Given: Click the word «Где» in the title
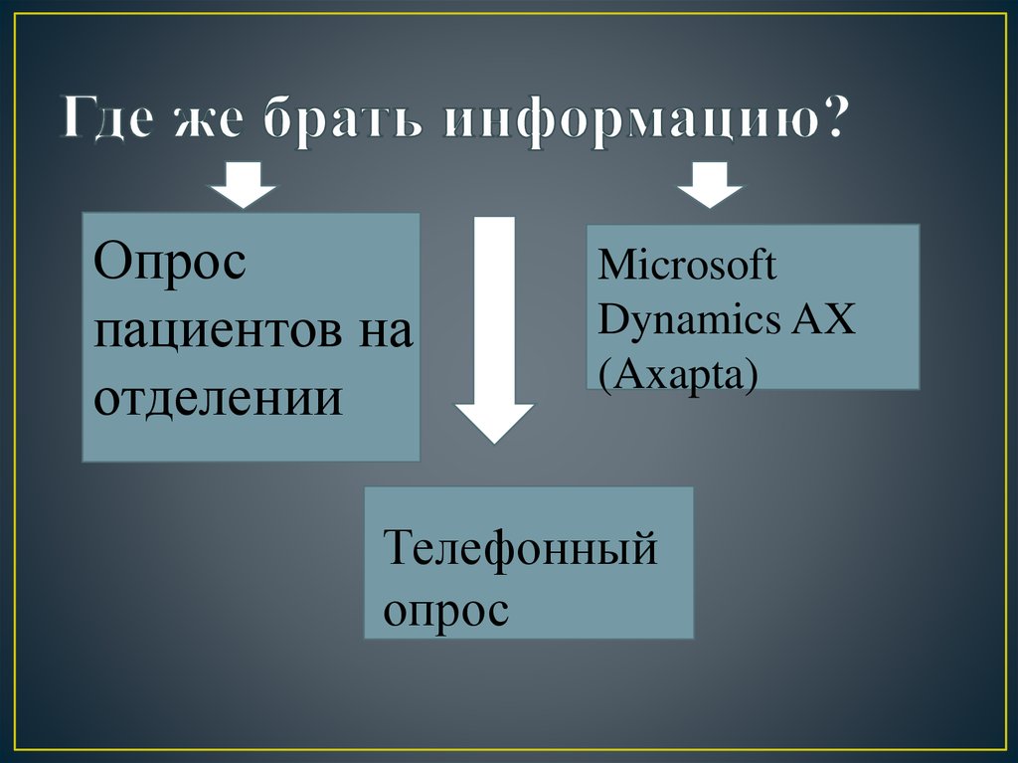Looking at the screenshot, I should tap(109, 121).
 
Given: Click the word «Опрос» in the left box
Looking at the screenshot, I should tap(171, 266).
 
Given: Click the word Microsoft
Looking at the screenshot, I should tap(688, 266).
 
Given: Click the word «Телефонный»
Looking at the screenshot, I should tap(521, 548).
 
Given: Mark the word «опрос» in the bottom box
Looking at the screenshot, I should tap(446, 609).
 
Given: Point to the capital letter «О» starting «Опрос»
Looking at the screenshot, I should tap(113, 266).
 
